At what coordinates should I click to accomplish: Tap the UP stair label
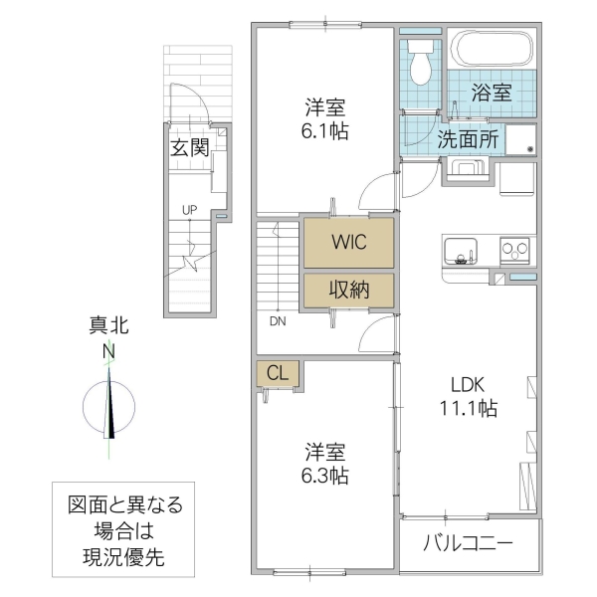[x=188, y=210]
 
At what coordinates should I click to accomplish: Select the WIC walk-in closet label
[x=348, y=241]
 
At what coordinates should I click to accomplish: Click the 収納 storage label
[x=348, y=290]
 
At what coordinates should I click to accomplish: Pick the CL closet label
[x=278, y=374]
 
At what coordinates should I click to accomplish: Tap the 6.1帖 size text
[x=326, y=131]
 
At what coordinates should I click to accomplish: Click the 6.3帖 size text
[x=326, y=476]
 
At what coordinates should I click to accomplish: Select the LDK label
[x=465, y=385]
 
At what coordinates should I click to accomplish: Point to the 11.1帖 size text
[x=466, y=408]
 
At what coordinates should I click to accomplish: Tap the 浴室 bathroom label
[x=491, y=94]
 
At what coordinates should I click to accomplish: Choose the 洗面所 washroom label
[x=469, y=139]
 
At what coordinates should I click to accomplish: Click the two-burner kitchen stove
[x=515, y=250]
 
